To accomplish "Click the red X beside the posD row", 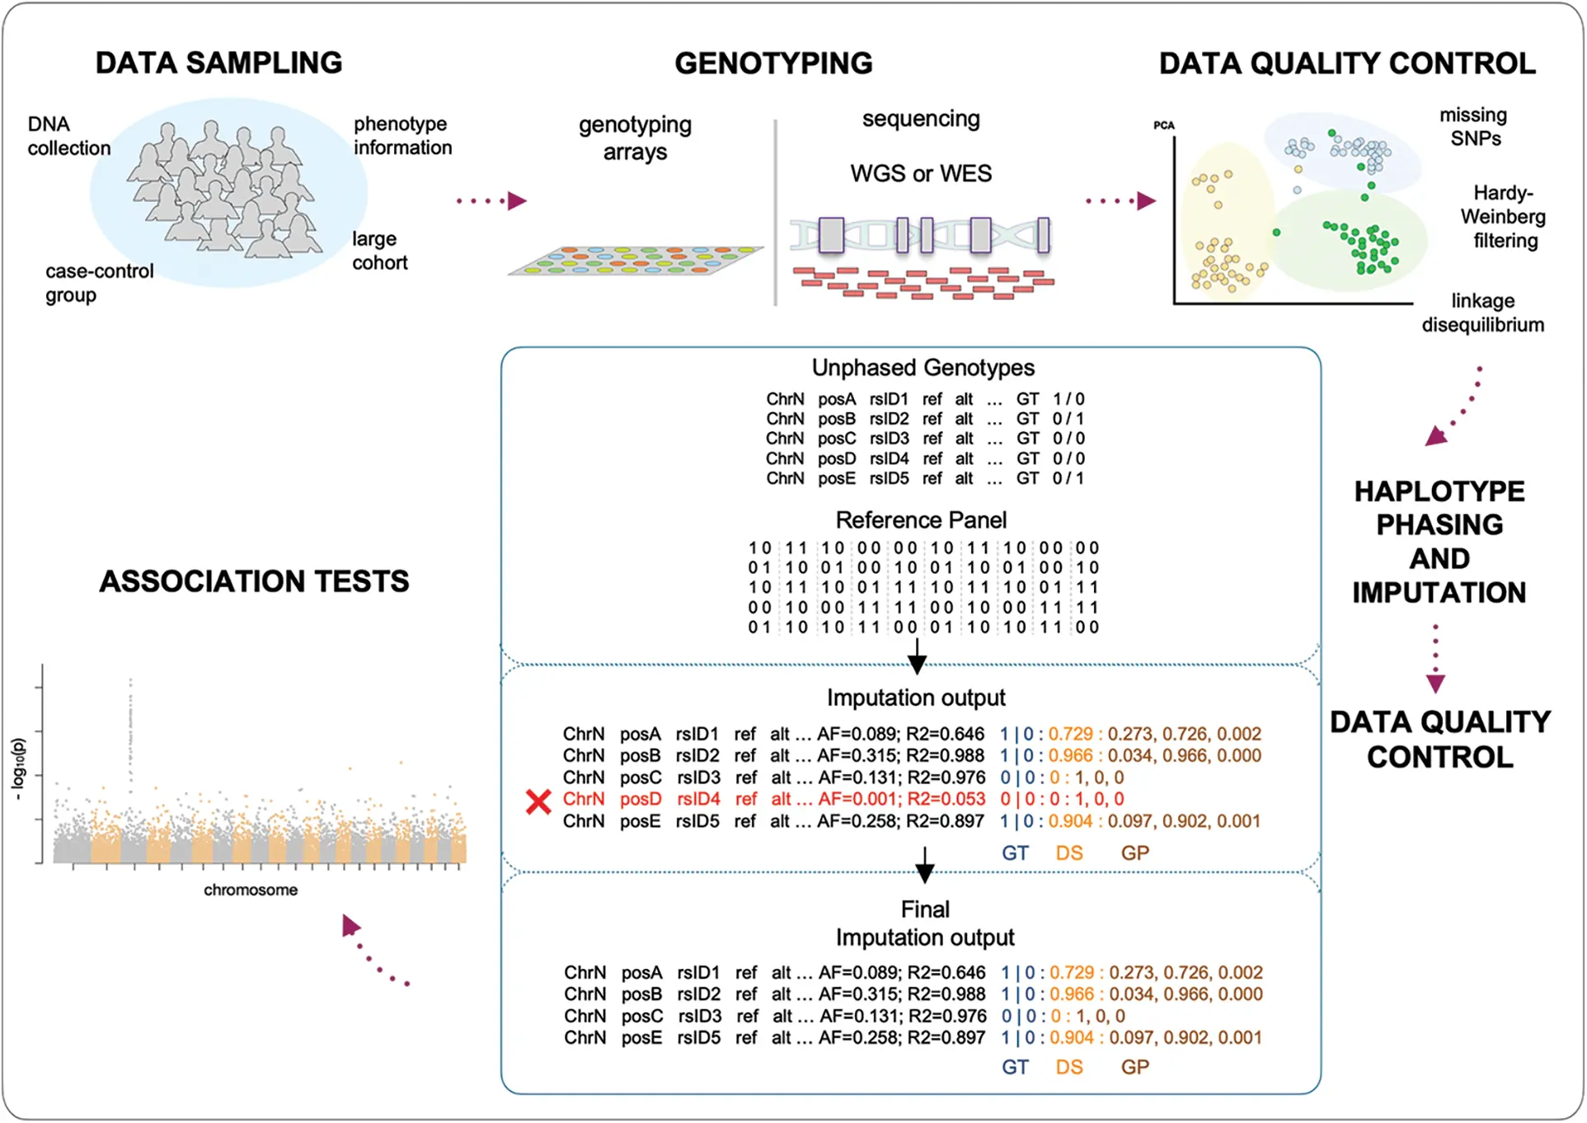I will [x=538, y=801].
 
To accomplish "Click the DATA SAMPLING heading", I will [x=218, y=63].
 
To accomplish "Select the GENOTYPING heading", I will [x=773, y=63].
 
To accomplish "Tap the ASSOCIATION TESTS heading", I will [x=254, y=581].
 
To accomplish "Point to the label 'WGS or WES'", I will [x=921, y=173].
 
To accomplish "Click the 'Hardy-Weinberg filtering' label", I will [x=1504, y=217].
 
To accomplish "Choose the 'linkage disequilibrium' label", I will [x=1482, y=312].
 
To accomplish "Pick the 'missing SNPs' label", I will [x=1474, y=126].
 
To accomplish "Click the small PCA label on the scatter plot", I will [x=1163, y=125].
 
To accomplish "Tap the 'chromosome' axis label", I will [x=251, y=890].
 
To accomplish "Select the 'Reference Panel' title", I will [x=921, y=520].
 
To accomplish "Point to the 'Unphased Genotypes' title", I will [x=923, y=368].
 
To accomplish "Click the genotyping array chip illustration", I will [x=635, y=259].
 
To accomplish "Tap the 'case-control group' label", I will [x=99, y=283].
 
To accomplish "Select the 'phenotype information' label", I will [x=402, y=135].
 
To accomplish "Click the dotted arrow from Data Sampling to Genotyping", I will [x=491, y=201].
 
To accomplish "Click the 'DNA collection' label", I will [x=68, y=136].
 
